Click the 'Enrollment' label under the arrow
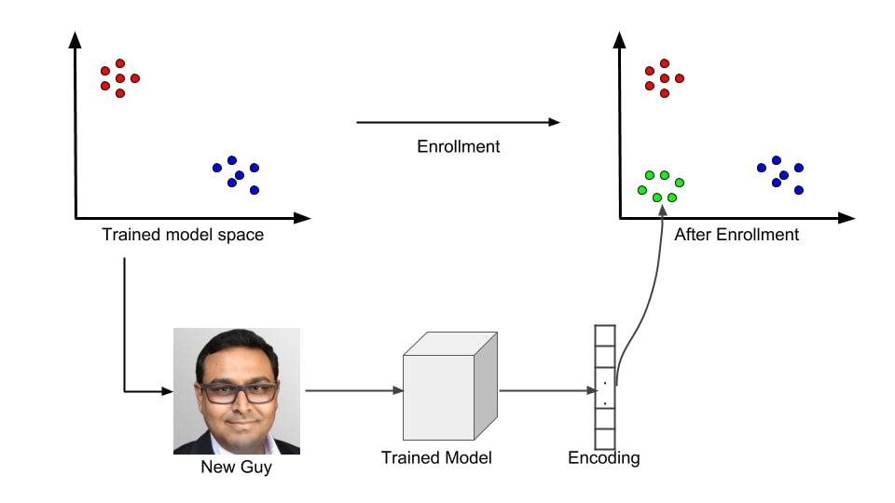tap(459, 146)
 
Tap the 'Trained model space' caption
tap(183, 235)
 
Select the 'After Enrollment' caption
tap(737, 235)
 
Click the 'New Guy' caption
tap(236, 467)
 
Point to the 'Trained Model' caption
tap(436, 457)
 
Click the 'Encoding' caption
tap(604, 458)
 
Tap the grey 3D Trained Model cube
tap(449, 386)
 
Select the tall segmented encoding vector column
tap(605, 387)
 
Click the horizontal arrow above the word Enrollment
tap(459, 122)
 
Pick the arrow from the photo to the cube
tap(354, 390)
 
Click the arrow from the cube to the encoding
tap(548, 390)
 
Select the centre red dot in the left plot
tap(120, 78)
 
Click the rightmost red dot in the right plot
tap(680, 78)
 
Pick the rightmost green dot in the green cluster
tap(680, 183)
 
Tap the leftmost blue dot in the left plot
tap(217, 168)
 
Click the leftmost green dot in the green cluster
tap(642, 190)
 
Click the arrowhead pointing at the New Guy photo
tap(167, 391)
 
